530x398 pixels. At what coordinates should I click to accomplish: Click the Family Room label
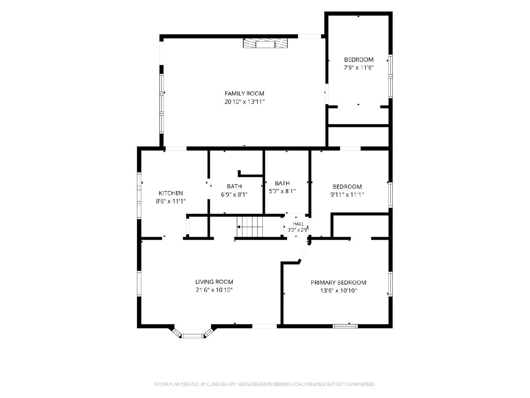tap(244, 93)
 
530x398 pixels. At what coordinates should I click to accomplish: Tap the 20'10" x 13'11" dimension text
tap(244, 102)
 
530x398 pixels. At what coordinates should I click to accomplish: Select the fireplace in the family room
tap(265, 43)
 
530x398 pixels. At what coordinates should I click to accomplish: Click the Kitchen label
tap(170, 193)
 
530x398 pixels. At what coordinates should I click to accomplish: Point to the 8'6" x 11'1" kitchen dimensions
tap(170, 201)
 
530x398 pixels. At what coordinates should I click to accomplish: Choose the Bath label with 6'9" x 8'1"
tap(234, 186)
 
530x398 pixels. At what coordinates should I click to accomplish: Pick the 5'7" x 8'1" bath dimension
tap(282, 191)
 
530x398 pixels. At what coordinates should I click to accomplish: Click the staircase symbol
tap(250, 227)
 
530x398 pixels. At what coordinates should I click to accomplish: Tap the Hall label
tap(298, 224)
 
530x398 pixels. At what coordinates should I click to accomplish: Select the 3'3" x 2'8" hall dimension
tap(298, 230)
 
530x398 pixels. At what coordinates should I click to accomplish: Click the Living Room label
tap(214, 282)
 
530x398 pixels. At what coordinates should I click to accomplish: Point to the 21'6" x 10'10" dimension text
tap(214, 290)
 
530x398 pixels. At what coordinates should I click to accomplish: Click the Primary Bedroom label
tap(338, 283)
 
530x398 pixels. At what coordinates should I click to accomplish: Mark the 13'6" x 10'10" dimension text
tap(338, 291)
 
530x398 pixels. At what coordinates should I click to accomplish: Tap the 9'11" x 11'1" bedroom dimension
tap(347, 195)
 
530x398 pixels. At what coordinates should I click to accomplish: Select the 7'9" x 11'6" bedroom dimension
tap(359, 68)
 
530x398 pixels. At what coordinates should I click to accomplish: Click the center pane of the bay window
tap(193, 336)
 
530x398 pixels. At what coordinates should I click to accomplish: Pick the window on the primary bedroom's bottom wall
tap(345, 326)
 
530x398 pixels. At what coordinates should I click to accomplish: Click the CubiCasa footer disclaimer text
tap(265, 384)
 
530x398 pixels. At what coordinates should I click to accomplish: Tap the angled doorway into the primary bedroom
tap(304, 253)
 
